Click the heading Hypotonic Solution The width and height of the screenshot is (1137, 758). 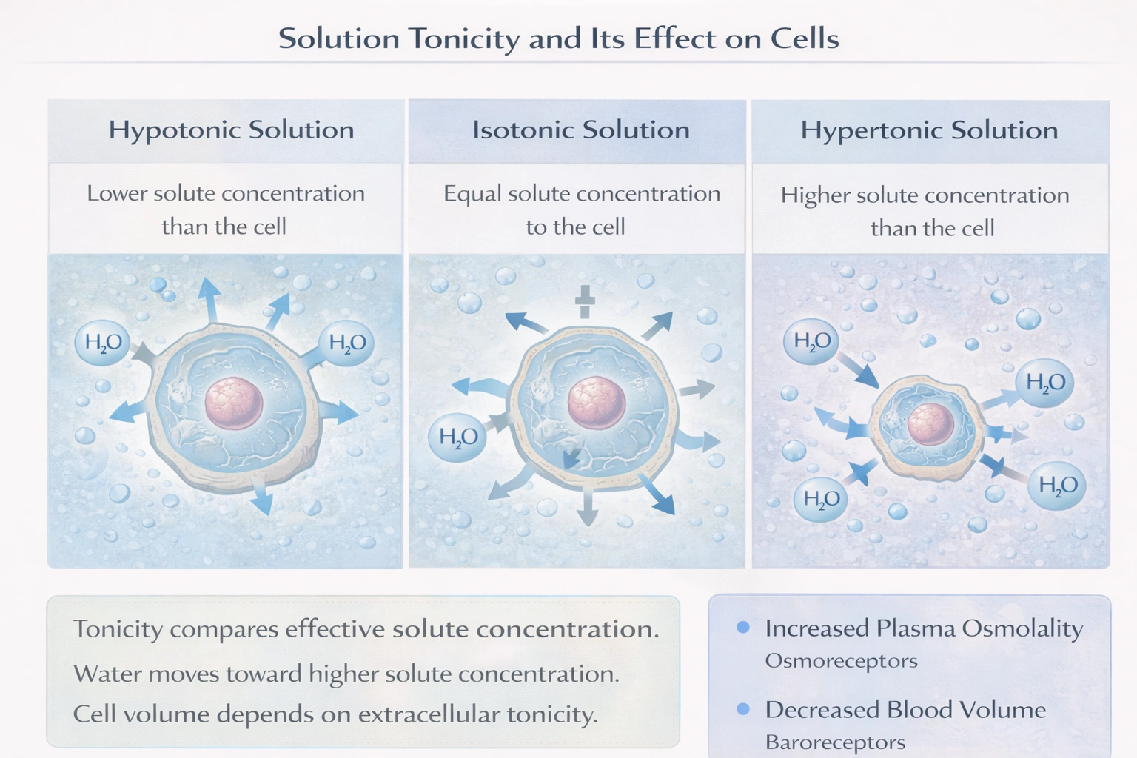231,130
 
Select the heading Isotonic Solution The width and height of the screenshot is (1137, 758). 580,130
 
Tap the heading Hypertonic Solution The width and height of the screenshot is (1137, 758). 929,131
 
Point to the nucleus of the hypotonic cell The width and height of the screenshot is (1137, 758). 234,403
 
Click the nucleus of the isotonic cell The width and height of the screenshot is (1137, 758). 596,403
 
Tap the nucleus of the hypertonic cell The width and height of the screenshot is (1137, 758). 930,424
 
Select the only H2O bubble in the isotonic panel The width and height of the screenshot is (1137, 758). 457,437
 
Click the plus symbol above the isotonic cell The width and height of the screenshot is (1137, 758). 585,301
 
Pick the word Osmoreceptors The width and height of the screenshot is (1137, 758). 841,661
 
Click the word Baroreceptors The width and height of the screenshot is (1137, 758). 835,742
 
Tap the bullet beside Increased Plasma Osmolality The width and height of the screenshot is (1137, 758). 743,628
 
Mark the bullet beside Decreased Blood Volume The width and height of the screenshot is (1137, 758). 743,709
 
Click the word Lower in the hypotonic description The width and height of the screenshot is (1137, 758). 116,194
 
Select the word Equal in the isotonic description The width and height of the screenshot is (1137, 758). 472,194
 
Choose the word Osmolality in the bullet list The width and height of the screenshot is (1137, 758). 1022,628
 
